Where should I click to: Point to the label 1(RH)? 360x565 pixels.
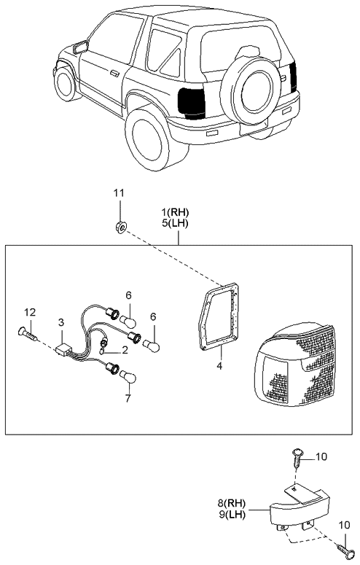tap(176, 212)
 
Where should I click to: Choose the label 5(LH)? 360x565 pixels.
tap(176, 223)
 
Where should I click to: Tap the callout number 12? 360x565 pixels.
tap(28, 313)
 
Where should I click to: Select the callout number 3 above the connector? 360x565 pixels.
tap(61, 322)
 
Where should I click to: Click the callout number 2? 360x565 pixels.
tap(125, 349)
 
